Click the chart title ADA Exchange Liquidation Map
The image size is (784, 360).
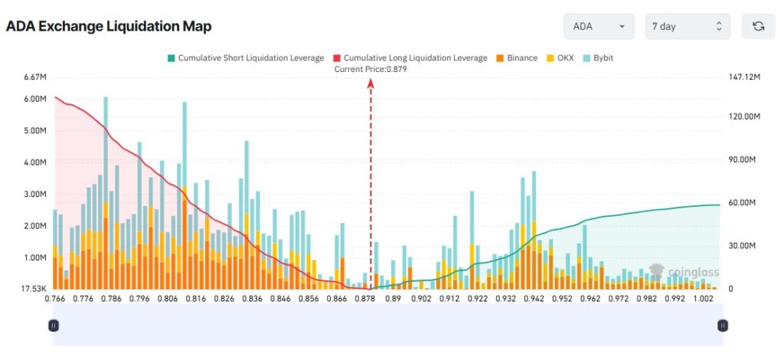click(109, 26)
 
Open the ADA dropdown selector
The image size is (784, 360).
click(599, 26)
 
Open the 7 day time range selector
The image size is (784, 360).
click(687, 26)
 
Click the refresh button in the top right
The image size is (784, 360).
click(758, 26)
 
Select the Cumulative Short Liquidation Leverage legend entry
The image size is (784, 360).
click(244, 57)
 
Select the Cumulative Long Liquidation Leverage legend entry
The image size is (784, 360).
click(410, 57)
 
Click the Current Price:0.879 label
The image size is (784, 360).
click(371, 69)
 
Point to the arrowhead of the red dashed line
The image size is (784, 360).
click(371, 86)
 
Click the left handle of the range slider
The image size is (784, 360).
click(54, 326)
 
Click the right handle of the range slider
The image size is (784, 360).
click(722, 326)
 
